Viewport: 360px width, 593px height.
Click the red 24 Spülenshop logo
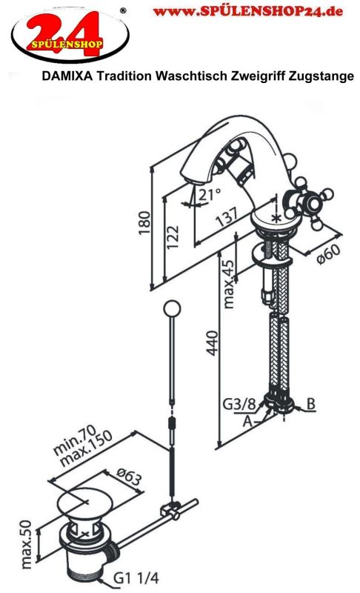tap(70, 35)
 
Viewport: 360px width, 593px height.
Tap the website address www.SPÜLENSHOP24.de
tap(248, 11)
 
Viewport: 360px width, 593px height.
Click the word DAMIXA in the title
tap(67, 76)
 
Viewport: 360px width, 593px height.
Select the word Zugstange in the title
tap(321, 76)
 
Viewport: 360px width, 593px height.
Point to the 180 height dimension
tap(144, 223)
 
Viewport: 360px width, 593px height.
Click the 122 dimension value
tap(173, 237)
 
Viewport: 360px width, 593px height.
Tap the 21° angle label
tap(210, 195)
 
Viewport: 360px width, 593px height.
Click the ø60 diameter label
tap(328, 254)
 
